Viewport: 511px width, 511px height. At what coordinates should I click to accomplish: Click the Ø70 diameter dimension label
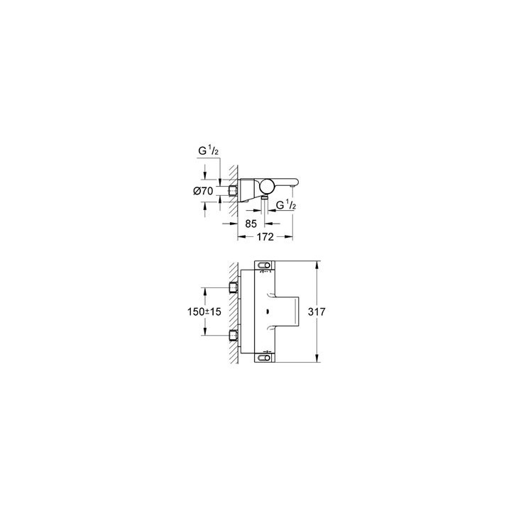click(204, 189)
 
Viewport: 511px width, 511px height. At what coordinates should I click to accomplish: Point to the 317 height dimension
click(326, 312)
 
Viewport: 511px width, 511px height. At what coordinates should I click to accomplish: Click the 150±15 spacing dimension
click(204, 311)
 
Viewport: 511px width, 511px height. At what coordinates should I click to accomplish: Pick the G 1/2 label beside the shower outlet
click(285, 205)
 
